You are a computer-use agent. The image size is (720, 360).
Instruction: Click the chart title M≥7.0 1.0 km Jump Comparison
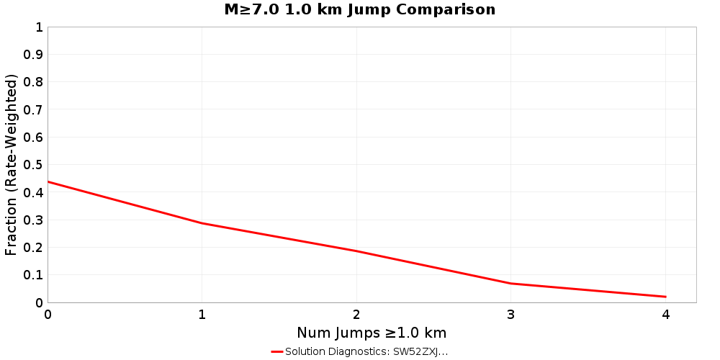pos(360,10)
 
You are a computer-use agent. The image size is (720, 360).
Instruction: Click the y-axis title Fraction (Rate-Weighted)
pos(12,165)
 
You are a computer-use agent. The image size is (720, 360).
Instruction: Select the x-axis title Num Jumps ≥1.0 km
pos(372,333)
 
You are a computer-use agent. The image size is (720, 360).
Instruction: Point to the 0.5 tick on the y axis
pos(34,165)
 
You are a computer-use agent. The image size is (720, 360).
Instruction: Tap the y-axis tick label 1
pos(39,27)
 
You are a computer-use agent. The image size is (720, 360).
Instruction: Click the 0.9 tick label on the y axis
pos(34,55)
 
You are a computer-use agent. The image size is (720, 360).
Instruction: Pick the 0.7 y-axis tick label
pos(34,109)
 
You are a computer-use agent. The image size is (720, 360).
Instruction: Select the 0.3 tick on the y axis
pos(34,220)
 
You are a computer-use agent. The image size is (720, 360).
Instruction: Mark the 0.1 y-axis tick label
pos(34,275)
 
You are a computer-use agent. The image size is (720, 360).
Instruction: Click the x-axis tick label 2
pos(356,315)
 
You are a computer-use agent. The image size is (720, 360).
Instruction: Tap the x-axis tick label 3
pos(511,315)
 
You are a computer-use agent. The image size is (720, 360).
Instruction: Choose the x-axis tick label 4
pos(665,315)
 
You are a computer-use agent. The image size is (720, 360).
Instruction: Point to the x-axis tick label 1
pos(202,315)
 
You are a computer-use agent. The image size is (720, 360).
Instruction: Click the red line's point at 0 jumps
pos(48,181)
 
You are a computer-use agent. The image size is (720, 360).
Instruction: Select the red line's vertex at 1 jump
pos(202,223)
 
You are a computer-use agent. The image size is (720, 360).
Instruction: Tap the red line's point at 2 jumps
pos(356,251)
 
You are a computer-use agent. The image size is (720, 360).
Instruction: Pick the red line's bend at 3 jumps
pos(511,284)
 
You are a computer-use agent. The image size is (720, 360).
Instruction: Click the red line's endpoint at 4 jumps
pos(665,297)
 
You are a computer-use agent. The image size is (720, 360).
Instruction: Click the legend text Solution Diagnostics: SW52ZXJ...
pos(366,352)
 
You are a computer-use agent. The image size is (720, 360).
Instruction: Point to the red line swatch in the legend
pos(277,352)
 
